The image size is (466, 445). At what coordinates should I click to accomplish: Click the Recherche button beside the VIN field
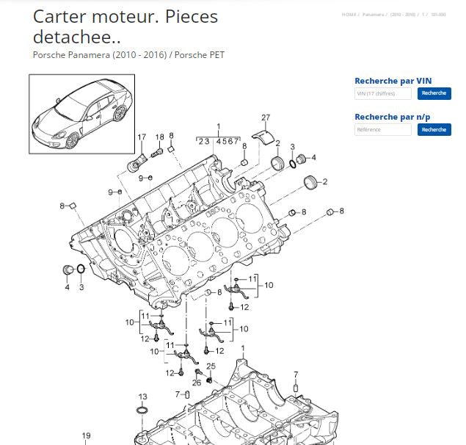point(434,93)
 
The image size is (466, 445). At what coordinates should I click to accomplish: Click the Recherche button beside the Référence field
point(434,129)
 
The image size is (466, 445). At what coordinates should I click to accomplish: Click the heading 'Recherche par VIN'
point(393,81)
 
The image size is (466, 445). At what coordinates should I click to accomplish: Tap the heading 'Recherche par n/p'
point(393,117)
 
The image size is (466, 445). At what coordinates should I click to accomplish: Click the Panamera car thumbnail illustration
point(81,114)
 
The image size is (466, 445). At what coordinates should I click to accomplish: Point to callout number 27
point(266,117)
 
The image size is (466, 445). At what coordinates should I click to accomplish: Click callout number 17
point(142,137)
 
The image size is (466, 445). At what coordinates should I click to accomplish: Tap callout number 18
point(160,137)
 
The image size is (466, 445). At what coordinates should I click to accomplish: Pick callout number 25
point(211,366)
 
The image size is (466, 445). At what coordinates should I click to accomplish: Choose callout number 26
point(197,382)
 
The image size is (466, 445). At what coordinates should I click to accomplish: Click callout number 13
point(142,397)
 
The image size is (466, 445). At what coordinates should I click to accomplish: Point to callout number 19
point(86,435)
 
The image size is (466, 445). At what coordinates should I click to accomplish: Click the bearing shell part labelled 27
point(263,134)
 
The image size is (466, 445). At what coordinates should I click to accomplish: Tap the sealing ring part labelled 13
point(142,410)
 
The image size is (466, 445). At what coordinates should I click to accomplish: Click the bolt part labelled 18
point(156,153)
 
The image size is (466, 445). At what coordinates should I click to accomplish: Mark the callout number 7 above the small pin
point(296,375)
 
